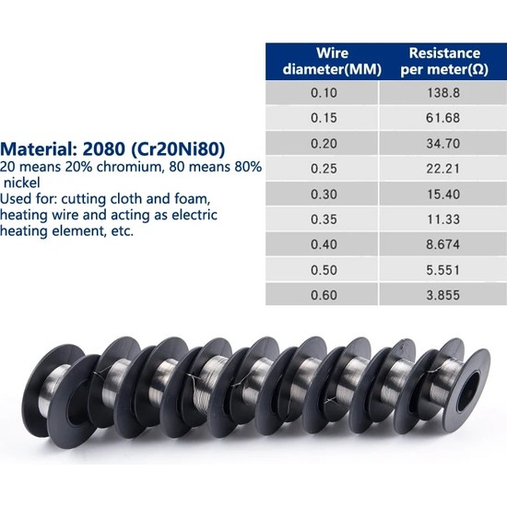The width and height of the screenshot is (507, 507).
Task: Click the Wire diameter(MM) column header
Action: pyautogui.click(x=332, y=61)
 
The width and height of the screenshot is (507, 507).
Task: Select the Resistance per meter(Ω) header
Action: pyautogui.click(x=444, y=61)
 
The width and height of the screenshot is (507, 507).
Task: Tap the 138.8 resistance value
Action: pyautogui.click(x=443, y=93)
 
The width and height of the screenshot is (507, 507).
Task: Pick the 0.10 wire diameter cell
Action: pyautogui.click(x=324, y=93)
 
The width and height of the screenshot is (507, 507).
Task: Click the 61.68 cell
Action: pyautogui.click(x=442, y=118)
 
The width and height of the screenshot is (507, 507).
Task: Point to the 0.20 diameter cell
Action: pyautogui.click(x=324, y=143)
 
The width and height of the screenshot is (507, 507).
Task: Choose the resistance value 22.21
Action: pyautogui.click(x=442, y=169)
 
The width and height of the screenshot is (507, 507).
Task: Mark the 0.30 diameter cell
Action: pyautogui.click(x=324, y=194)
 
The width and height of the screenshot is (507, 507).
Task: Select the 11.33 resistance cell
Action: pyautogui.click(x=443, y=219)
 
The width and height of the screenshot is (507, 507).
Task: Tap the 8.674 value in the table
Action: pyautogui.click(x=442, y=244)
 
